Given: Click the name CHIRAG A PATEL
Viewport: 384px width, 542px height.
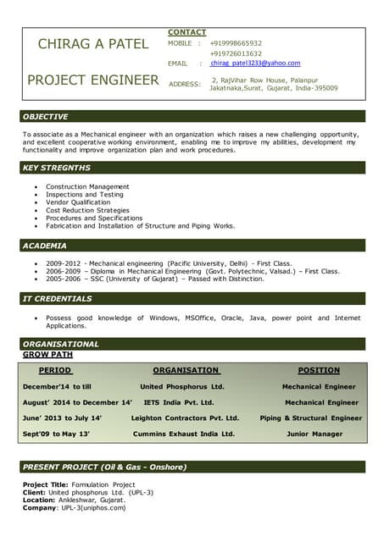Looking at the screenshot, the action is coord(92,44).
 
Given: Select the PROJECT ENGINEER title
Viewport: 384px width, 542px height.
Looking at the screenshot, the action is coord(92,80).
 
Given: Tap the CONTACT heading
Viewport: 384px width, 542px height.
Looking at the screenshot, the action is coord(186,32).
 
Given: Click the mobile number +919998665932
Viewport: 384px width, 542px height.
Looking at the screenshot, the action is coord(236,43).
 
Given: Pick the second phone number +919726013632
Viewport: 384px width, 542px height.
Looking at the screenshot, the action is coord(236,53).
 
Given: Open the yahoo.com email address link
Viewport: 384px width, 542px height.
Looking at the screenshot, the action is coord(255,64).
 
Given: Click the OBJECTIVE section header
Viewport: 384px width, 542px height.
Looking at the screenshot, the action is coord(46,117).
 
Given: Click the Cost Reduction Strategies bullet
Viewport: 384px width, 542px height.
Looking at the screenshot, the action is coord(87,211).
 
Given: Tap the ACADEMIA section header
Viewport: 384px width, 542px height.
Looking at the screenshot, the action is coord(45,246).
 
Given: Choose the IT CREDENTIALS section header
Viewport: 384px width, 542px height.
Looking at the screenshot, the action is coord(58,299).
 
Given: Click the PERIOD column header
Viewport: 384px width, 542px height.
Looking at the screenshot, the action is coord(55,370).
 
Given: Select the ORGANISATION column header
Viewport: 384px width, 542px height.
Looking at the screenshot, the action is coord(186,370).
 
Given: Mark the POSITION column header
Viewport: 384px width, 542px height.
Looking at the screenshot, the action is coord(319,370).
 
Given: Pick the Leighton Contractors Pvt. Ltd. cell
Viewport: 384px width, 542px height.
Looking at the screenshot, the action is coord(185,418).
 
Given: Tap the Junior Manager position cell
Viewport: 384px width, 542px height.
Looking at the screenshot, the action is coord(314,434).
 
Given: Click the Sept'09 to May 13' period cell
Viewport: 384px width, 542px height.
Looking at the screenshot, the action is coord(56,434).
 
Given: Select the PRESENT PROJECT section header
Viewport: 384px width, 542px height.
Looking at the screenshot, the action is coord(105,467).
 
